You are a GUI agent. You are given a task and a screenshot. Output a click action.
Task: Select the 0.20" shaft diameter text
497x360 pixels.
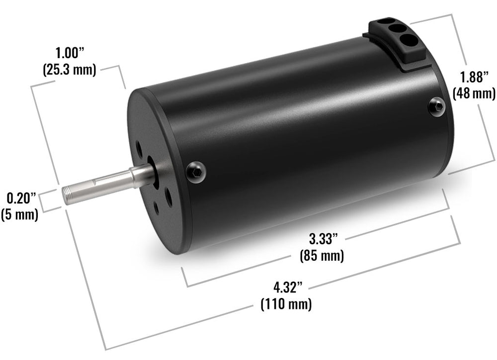(x=21, y=198)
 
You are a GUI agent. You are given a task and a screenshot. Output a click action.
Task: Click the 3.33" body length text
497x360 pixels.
(x=324, y=239)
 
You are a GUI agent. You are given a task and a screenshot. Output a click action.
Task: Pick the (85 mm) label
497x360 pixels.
(x=322, y=256)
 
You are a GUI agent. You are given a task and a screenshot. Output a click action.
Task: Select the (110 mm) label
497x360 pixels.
(x=286, y=304)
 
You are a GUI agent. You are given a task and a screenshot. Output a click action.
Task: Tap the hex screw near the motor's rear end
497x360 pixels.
(x=437, y=105)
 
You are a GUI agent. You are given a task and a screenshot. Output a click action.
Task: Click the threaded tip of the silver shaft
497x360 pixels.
(x=68, y=194)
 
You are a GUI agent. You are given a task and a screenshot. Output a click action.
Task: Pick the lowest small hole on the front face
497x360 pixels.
(x=157, y=209)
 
